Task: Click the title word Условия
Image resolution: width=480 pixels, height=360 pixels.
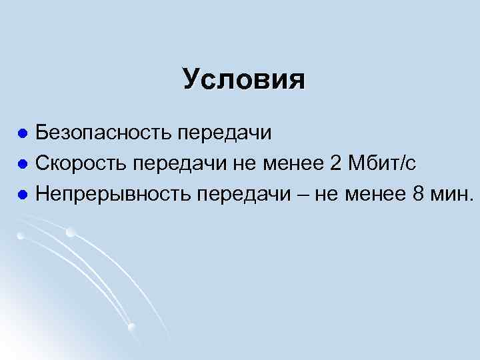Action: pos(244,79)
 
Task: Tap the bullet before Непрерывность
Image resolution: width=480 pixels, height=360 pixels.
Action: pos(23,193)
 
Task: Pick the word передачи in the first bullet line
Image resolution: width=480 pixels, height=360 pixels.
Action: pos(224,133)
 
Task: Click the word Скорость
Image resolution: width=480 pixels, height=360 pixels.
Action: pos(81,163)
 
